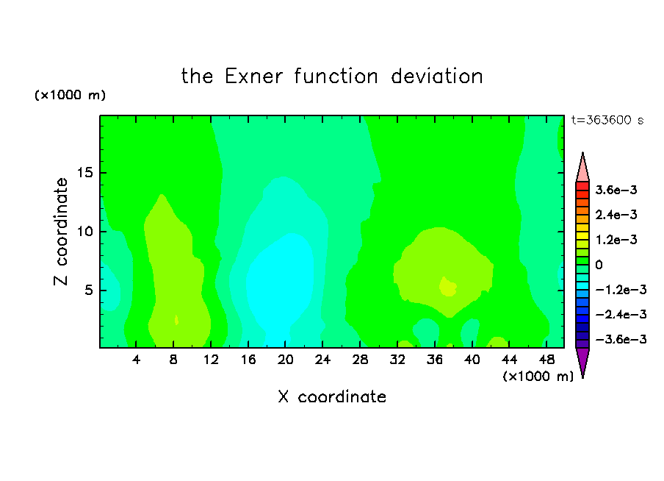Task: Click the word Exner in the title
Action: (x=253, y=76)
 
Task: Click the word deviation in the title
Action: (x=437, y=76)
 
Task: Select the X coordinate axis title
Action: (x=332, y=396)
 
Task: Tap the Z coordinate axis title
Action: (x=61, y=232)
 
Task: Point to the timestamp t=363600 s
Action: (x=607, y=120)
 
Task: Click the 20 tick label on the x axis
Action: (x=285, y=360)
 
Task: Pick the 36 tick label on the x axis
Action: (x=435, y=360)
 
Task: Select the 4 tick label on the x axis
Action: (x=136, y=360)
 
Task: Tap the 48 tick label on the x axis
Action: (x=546, y=360)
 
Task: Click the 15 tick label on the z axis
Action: (x=85, y=173)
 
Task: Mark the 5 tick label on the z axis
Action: (x=89, y=290)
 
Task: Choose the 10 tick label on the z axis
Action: (x=85, y=232)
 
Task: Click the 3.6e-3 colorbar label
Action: (x=616, y=190)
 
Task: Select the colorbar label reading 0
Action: (x=599, y=265)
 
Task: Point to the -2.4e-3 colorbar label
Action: (x=621, y=315)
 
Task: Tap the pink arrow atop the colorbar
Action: (x=582, y=168)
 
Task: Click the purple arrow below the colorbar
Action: (x=582, y=363)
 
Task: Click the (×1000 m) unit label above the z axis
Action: (x=70, y=95)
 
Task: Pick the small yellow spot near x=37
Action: (x=447, y=287)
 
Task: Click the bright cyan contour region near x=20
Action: (x=281, y=284)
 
